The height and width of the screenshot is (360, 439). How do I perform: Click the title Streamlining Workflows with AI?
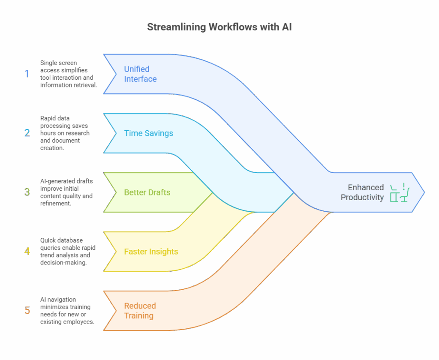click(219, 27)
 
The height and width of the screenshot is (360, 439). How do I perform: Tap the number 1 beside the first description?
click(27, 74)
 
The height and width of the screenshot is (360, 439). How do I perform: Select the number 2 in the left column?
click(27, 133)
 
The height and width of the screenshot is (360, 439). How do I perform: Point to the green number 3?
click(27, 192)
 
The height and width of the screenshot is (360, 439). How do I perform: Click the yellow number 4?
click(27, 251)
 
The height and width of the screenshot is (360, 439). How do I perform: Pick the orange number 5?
click(27, 310)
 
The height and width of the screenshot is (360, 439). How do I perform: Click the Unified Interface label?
click(140, 74)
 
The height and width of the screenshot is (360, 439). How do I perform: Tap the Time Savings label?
click(148, 133)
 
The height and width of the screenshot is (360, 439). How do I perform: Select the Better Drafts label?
click(147, 192)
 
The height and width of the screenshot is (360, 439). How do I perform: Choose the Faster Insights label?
click(151, 251)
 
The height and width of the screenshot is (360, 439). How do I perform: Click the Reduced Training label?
click(140, 310)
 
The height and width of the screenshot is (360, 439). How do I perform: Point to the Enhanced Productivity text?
click(362, 192)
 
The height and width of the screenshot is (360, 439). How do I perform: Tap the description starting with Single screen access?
click(68, 74)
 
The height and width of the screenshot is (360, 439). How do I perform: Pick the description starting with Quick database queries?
click(68, 251)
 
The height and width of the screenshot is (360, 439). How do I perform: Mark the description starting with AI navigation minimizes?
click(67, 310)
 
